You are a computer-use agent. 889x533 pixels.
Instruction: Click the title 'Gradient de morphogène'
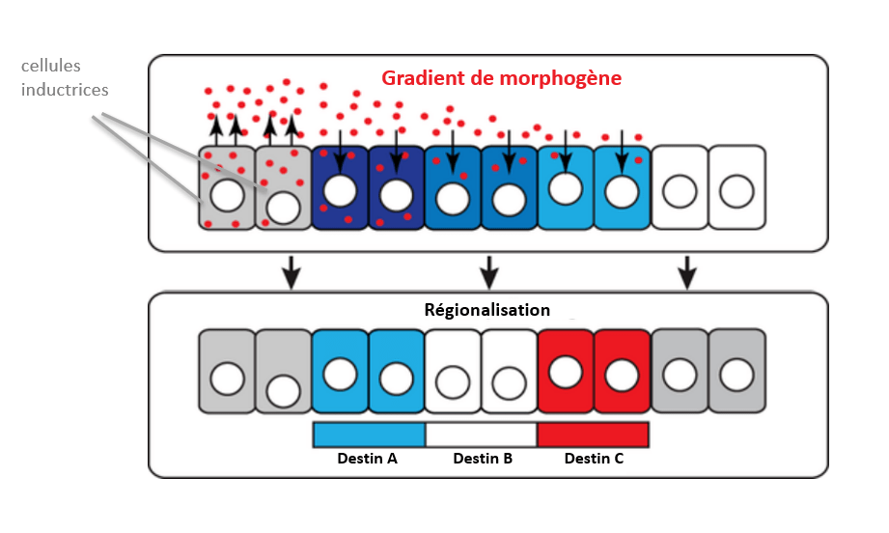[x=501, y=77]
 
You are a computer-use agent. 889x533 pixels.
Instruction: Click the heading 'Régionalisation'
[x=487, y=310]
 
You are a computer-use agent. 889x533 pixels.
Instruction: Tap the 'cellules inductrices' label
[x=66, y=78]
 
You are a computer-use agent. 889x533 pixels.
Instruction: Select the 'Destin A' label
[x=367, y=459]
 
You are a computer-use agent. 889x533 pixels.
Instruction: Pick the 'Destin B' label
[x=483, y=459]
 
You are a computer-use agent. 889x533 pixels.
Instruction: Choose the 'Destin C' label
[x=594, y=459]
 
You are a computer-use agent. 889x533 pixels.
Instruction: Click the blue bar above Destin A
[x=369, y=435]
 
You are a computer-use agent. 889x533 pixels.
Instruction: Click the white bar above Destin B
[x=481, y=435]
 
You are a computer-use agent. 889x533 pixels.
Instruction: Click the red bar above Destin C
[x=593, y=435]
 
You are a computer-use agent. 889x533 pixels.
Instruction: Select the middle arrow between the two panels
[x=489, y=272]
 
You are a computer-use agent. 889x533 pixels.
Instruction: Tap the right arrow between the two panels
[x=687, y=272]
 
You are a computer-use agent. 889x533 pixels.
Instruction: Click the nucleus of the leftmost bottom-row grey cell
[x=227, y=379]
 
